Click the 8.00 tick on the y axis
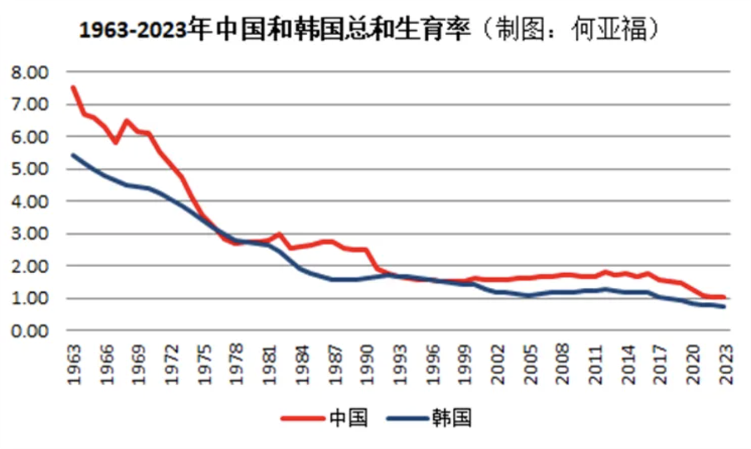[35, 73]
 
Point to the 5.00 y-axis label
[35, 169]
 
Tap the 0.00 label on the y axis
[35, 331]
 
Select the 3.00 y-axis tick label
[35, 234]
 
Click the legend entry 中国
[349, 418]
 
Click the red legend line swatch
[303, 418]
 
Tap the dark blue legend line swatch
[406, 418]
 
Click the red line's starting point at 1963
[73, 87]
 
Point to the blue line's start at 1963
[73, 155]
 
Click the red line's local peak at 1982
[279, 234]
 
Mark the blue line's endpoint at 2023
[725, 307]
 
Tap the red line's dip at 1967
[116, 142]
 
